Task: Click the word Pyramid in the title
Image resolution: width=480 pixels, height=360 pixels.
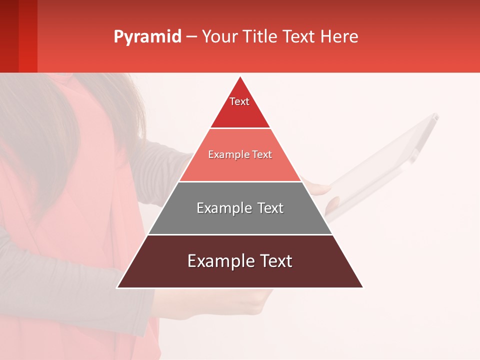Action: [147, 37]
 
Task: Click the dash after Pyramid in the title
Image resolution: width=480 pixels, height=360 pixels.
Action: [191, 37]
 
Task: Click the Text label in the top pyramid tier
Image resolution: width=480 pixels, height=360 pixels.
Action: [239, 101]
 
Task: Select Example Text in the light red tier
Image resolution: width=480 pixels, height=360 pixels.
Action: [240, 155]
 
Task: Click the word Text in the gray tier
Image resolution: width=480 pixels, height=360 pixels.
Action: [270, 208]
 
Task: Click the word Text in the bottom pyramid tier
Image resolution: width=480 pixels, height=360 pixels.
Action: [275, 261]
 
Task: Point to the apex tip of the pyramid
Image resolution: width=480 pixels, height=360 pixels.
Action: [240, 77]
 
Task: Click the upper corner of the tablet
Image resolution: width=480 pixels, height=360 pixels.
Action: [434, 116]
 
